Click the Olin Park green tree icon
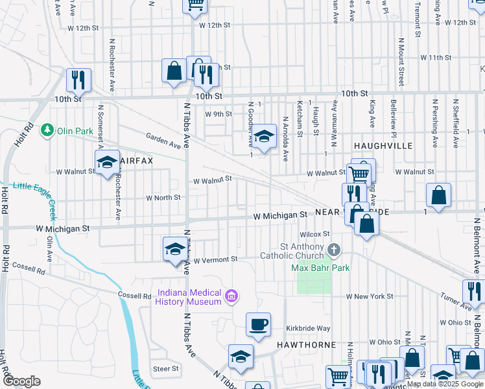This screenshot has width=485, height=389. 47,130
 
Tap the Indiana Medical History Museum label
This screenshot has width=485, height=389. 188,298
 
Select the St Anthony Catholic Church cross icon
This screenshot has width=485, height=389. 334,250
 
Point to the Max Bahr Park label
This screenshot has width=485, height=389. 320,267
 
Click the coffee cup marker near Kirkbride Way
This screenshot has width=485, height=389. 258,325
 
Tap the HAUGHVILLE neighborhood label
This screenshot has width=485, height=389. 383,146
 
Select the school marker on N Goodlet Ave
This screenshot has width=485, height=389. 263,137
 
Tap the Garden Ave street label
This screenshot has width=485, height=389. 163,140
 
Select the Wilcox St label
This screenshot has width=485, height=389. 315,234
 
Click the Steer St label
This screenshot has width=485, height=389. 165,369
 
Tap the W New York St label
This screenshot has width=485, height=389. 370,296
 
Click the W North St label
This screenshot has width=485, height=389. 163,198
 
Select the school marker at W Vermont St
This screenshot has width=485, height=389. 174,249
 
